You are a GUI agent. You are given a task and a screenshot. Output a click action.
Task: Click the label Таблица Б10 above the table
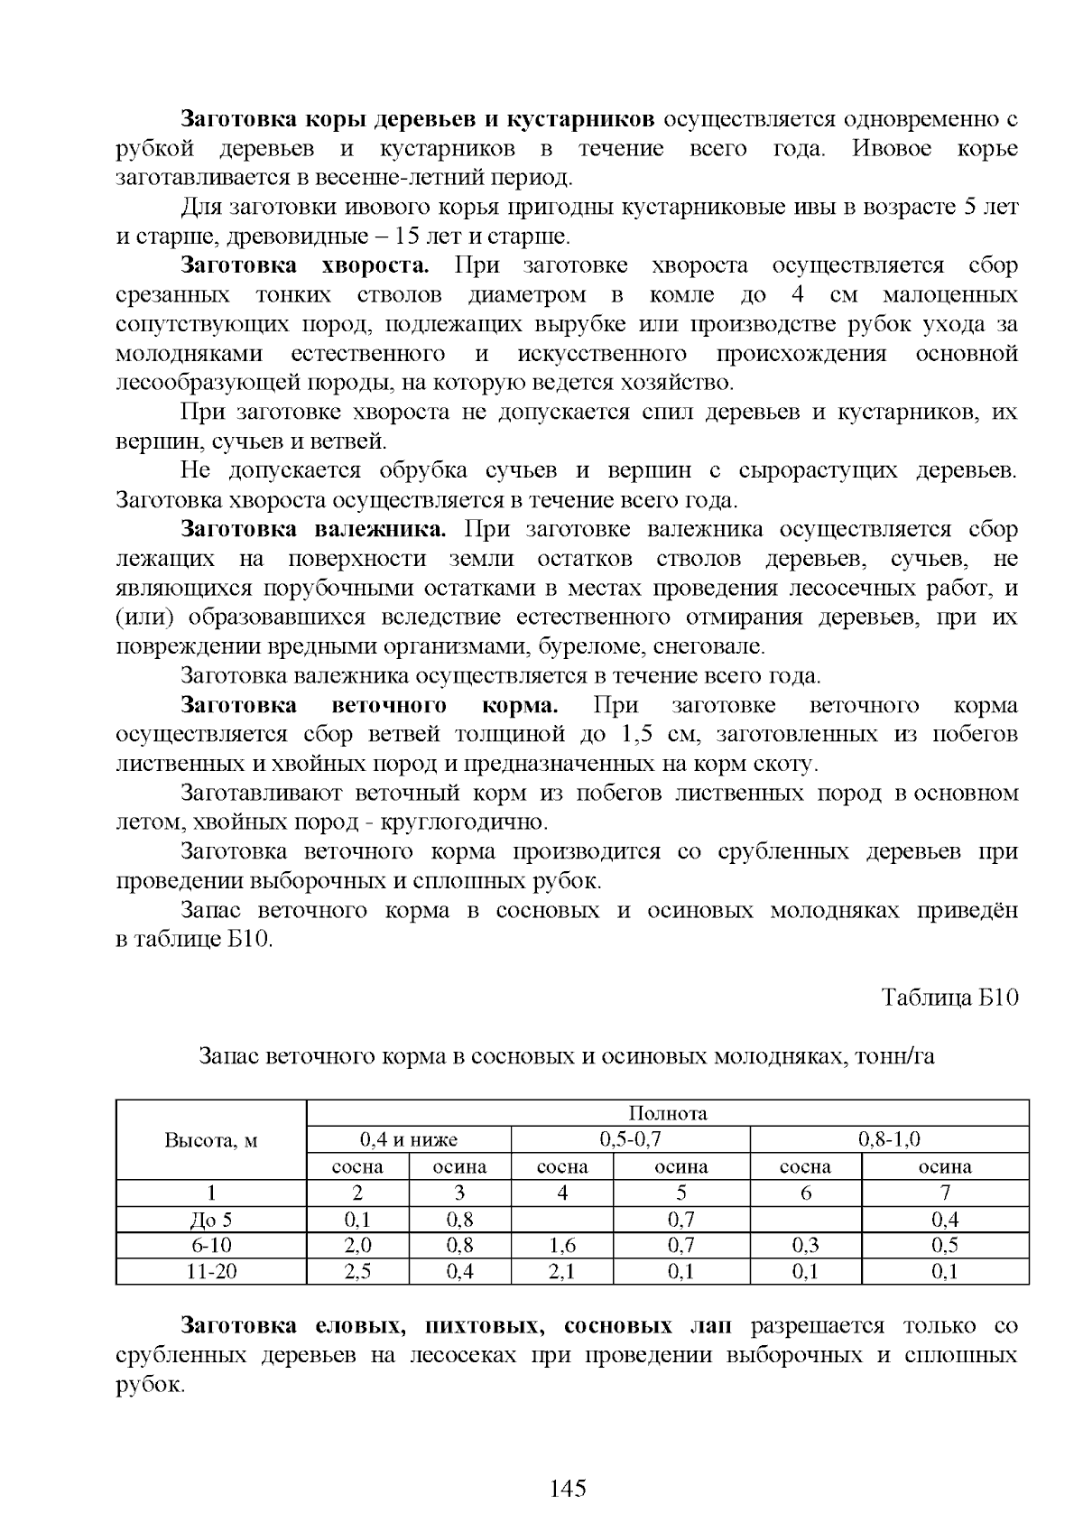pyautogui.click(x=949, y=998)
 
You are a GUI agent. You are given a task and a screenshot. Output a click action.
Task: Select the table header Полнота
pyautogui.click(x=668, y=1113)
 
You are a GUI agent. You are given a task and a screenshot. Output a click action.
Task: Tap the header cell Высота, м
pyautogui.click(x=211, y=1140)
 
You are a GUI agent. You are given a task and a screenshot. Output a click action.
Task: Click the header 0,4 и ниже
pyautogui.click(x=409, y=1139)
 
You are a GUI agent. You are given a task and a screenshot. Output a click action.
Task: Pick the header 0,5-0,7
pyautogui.click(x=630, y=1139)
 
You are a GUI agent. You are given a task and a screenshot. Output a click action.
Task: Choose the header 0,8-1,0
pyautogui.click(x=889, y=1139)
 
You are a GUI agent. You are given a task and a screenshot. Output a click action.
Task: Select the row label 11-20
pyautogui.click(x=211, y=1272)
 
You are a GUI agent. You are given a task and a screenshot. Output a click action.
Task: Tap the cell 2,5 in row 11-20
pyautogui.click(x=358, y=1272)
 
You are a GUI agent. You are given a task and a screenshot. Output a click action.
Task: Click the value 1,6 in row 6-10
pyautogui.click(x=561, y=1246)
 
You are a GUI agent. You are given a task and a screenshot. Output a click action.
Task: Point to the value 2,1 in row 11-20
pyautogui.click(x=561, y=1272)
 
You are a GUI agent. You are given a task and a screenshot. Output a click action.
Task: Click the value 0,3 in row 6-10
pyautogui.click(x=805, y=1246)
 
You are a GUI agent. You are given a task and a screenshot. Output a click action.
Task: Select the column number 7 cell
pyautogui.click(x=945, y=1193)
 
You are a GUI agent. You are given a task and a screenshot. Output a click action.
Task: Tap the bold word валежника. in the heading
pyautogui.click(x=379, y=529)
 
